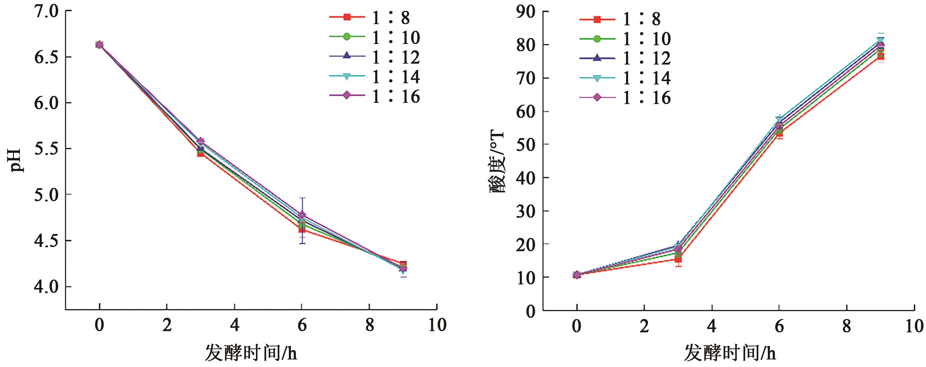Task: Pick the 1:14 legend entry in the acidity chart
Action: pos(625,78)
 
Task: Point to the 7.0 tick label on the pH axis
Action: pos(46,11)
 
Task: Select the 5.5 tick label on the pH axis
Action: pos(46,149)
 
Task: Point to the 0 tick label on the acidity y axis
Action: pos(531,311)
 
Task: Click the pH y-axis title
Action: pos(17,160)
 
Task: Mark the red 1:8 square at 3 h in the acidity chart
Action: pos(678,259)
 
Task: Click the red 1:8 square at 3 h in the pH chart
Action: pos(201,153)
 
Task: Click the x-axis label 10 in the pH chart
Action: pos(437,325)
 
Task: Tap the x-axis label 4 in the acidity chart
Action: pos(712,326)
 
